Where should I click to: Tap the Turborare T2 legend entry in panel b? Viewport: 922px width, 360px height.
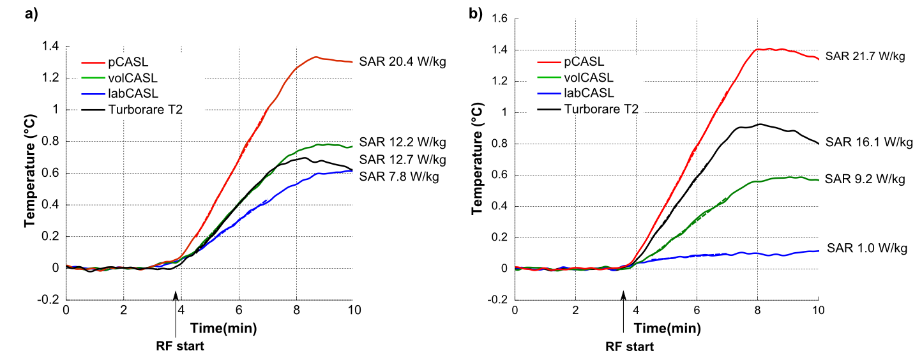601,109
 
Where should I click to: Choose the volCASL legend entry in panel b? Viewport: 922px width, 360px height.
587,78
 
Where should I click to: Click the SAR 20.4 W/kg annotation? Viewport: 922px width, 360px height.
402,61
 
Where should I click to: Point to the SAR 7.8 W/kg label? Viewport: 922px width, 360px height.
400,176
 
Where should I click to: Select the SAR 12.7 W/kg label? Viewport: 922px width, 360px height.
402,159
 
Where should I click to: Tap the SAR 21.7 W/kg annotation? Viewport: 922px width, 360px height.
865,56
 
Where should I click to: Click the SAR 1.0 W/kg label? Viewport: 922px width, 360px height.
866,248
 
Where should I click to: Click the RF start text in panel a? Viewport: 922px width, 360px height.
181,347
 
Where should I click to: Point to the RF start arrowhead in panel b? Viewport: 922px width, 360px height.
624,295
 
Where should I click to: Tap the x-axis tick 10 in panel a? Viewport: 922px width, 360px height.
352,310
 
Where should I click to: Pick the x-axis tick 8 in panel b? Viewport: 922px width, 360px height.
757,310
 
